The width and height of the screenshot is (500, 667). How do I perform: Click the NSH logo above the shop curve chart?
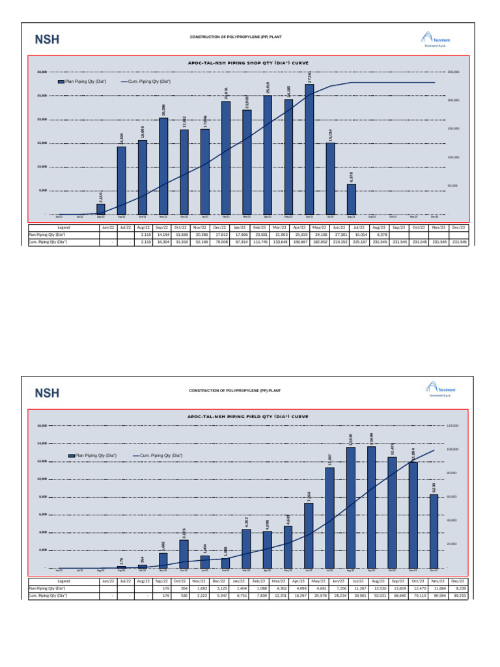pos(47,39)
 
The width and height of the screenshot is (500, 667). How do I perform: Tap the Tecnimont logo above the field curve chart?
pos(437,390)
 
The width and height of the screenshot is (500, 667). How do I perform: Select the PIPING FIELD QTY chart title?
pos(248,416)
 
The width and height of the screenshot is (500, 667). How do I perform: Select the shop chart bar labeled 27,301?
pos(309,149)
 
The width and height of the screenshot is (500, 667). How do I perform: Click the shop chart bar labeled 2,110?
pos(101,209)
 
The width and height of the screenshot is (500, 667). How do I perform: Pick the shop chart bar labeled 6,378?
pos(351,199)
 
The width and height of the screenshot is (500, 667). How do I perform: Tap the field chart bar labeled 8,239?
pos(434,531)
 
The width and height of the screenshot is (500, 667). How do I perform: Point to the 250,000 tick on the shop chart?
pos(453,72)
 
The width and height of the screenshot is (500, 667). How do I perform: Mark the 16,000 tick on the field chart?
pos(42,425)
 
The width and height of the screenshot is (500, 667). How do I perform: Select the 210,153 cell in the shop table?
pos(339,241)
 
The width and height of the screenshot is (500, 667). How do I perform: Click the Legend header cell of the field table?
pos(63,580)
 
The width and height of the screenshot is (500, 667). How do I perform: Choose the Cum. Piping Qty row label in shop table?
pos(47,241)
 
